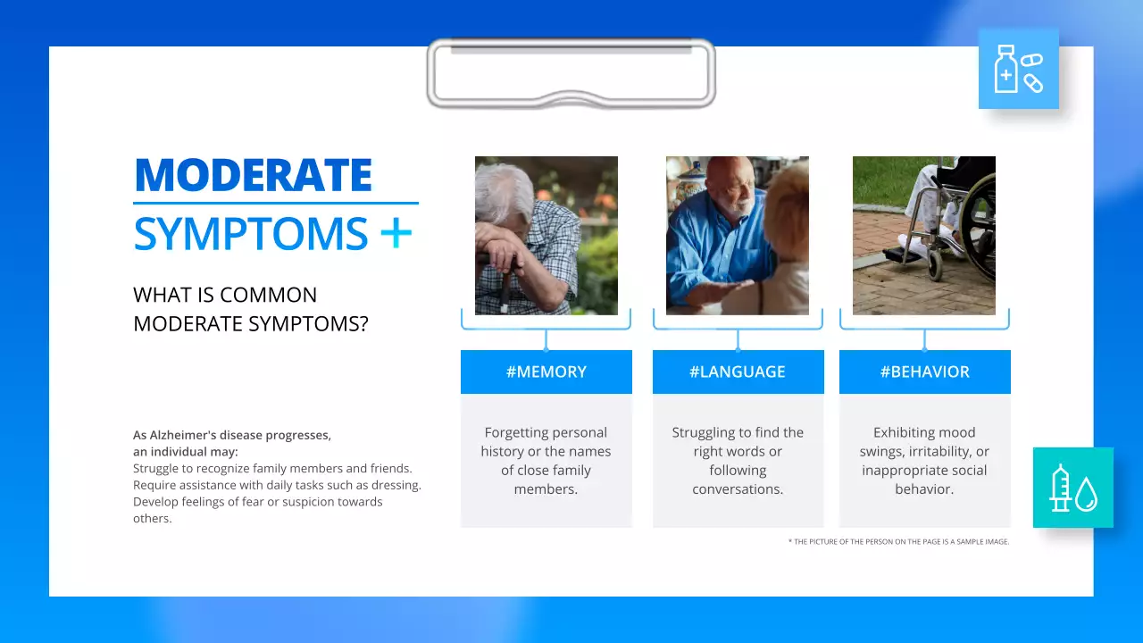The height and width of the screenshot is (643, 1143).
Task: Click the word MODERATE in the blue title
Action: tap(253, 175)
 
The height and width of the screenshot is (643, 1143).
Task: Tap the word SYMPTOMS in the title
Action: tap(250, 234)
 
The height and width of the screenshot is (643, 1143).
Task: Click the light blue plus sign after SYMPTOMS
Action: tap(396, 234)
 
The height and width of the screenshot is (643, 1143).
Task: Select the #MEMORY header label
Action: tap(546, 372)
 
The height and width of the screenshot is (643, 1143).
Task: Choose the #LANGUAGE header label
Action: tap(738, 372)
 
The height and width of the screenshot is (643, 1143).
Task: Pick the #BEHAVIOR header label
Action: tap(924, 372)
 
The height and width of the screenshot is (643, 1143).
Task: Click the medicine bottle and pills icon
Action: tap(1018, 69)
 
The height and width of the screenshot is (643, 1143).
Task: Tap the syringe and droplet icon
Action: tap(1072, 488)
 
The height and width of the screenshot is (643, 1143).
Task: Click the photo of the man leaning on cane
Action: tap(546, 236)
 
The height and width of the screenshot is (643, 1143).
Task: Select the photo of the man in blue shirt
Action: tap(737, 236)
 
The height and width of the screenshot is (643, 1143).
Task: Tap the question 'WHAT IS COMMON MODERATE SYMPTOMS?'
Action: tap(250, 309)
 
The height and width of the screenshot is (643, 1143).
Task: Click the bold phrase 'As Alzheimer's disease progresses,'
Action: tap(232, 435)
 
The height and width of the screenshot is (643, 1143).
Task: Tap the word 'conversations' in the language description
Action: tap(737, 489)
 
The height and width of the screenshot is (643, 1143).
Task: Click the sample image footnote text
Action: tap(898, 541)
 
